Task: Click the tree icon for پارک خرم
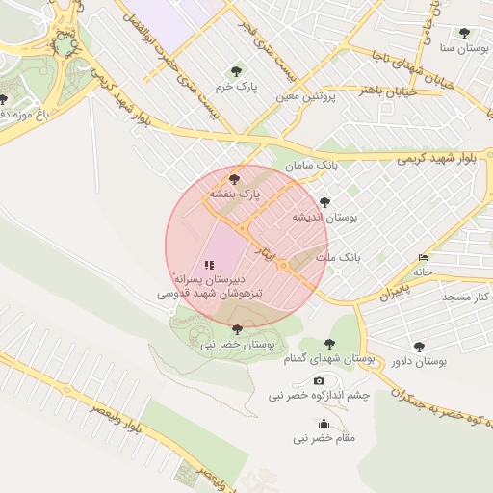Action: click(237, 70)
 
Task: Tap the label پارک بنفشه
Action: click(236, 195)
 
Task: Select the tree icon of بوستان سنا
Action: click(464, 32)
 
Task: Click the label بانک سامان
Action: click(322, 166)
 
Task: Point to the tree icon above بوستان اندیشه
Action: click(324, 202)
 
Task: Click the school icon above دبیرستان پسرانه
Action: click(210, 264)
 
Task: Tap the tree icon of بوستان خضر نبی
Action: click(237, 328)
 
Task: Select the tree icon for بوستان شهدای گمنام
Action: click(329, 343)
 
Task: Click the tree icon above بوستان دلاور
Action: click(418, 346)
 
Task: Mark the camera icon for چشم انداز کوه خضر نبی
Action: click(319, 381)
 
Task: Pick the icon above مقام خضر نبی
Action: click(324, 424)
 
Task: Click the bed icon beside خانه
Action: click(424, 258)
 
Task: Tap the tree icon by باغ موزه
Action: click(4, 99)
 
